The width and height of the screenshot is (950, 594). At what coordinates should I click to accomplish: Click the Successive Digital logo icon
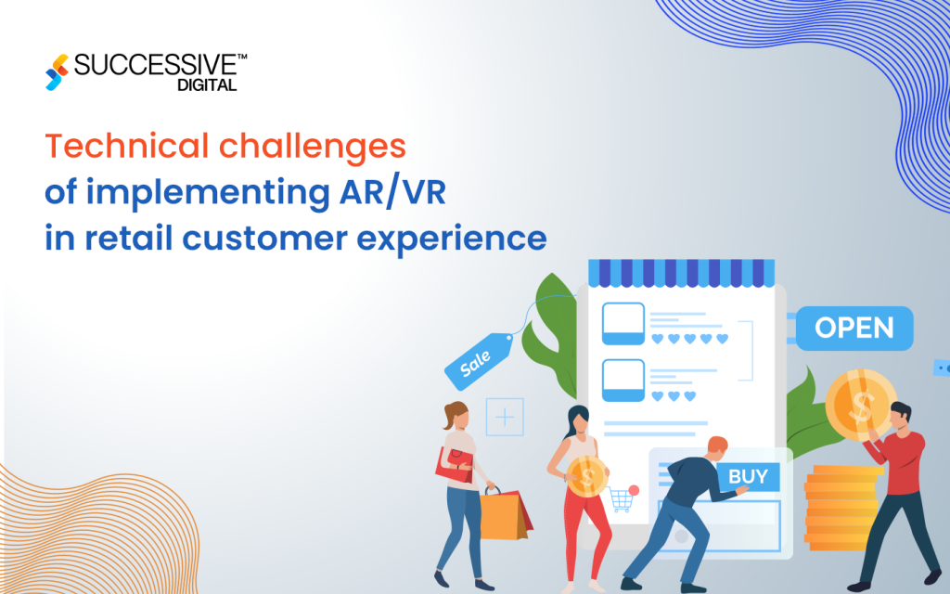[58, 72]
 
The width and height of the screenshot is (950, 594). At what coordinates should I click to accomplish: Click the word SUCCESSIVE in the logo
[155, 65]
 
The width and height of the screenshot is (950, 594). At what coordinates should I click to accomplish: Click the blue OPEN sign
[854, 328]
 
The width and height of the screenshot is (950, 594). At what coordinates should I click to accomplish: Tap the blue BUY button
[748, 477]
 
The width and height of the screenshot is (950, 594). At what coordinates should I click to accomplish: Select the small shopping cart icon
[623, 499]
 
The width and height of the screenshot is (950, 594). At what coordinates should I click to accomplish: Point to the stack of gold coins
[840, 506]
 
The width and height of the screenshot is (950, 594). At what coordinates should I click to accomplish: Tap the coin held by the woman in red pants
[586, 478]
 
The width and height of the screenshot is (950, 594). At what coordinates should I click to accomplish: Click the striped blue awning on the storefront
[681, 272]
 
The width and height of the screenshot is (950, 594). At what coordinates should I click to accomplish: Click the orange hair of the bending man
[715, 445]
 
